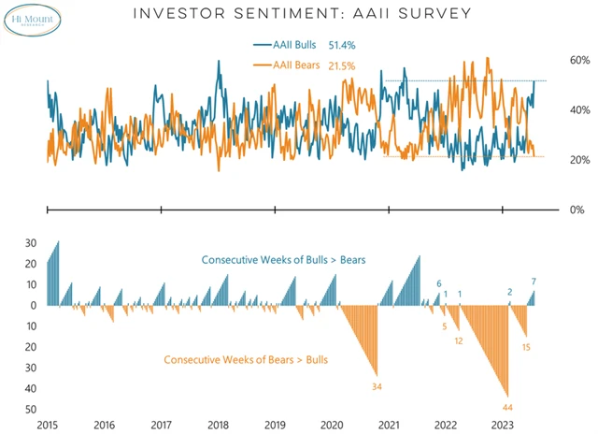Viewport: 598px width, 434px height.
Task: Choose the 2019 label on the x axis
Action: click(276, 425)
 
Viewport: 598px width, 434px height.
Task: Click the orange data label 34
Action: click(377, 386)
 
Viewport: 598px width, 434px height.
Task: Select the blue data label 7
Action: click(534, 282)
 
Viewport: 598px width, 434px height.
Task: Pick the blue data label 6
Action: click(439, 284)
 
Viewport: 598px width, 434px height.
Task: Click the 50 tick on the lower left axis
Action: click(31, 410)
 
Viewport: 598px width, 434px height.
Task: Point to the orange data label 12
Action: click(459, 341)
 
